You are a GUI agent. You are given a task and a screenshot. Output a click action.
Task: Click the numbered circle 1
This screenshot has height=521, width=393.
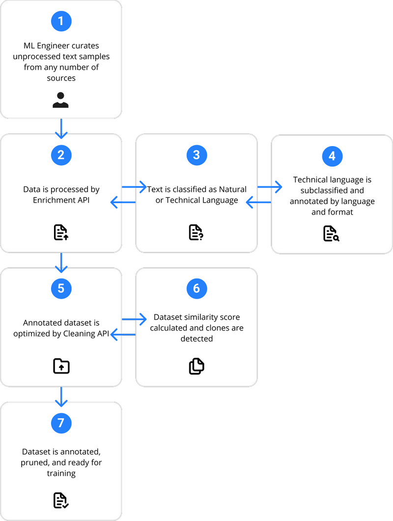[x=61, y=21]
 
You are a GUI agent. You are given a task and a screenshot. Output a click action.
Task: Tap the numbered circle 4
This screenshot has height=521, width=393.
[x=332, y=156]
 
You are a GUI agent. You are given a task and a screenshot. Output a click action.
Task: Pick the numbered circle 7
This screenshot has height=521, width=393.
[x=61, y=423]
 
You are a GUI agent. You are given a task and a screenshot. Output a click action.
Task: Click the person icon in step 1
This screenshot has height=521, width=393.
[x=61, y=100]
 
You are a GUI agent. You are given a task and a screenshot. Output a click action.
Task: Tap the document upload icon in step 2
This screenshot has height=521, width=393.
[x=61, y=232]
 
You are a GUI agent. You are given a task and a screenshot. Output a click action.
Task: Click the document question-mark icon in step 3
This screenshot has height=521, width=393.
[x=196, y=232]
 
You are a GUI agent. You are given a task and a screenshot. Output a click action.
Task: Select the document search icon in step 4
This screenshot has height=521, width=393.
[x=332, y=233]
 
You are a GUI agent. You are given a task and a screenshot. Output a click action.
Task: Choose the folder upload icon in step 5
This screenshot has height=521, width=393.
[x=61, y=366]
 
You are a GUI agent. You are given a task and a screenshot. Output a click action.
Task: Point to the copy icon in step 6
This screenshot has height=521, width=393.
[x=196, y=366]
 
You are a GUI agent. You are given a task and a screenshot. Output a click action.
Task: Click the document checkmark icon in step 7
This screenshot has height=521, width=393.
[x=61, y=500]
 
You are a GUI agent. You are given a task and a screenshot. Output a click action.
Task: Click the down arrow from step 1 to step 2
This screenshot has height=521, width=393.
[x=61, y=127]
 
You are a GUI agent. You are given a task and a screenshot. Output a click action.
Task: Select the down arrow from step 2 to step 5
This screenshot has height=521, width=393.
[x=61, y=262]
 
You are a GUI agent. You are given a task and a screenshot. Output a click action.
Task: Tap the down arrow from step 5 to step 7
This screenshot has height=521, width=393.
[x=61, y=397]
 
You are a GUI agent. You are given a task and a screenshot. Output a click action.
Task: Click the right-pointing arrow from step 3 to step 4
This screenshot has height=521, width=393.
[x=270, y=187]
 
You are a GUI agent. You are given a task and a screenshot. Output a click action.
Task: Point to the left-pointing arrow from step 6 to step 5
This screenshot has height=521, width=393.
[x=123, y=335]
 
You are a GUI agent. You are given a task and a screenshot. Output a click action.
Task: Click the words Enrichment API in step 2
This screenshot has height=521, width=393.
[x=61, y=200]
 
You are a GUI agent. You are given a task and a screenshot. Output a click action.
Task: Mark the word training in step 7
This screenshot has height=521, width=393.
[x=61, y=473]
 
